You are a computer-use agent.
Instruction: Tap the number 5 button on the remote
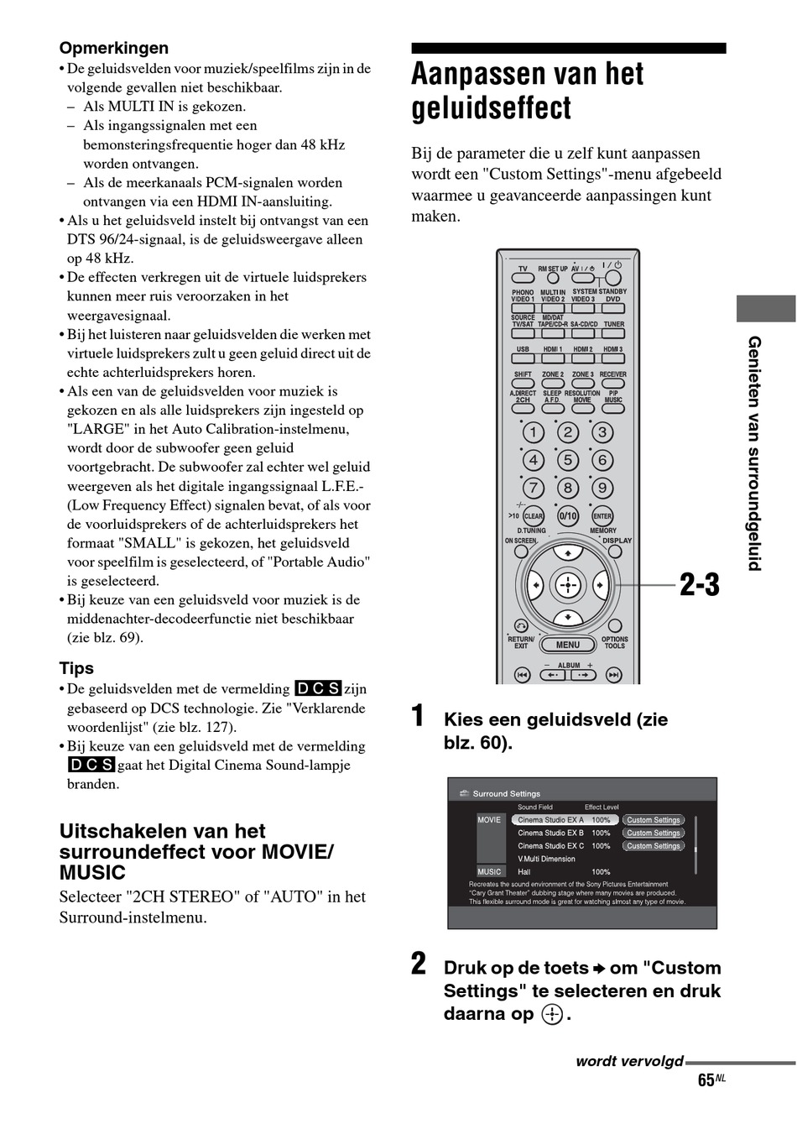pos(568,460)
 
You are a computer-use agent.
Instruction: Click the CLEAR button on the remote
pos(534,516)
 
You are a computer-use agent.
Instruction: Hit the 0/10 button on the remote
pos(568,516)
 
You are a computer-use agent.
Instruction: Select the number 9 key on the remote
pos(602,488)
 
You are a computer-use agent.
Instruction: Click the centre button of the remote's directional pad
pos(568,584)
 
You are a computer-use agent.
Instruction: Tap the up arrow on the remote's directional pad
pos(568,554)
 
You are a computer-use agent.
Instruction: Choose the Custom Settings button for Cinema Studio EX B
pos(654,833)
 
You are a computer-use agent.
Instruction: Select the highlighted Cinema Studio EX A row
pos(565,820)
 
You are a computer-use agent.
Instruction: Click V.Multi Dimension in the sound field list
pos(546,859)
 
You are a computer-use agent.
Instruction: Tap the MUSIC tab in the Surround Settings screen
pos(489,871)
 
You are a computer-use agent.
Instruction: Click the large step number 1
pos(418,716)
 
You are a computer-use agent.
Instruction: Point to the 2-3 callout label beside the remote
pos(699,585)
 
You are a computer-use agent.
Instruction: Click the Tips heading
pos(76,668)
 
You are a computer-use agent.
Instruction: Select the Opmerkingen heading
pos(113,48)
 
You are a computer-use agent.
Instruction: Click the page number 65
pos(706,1080)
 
